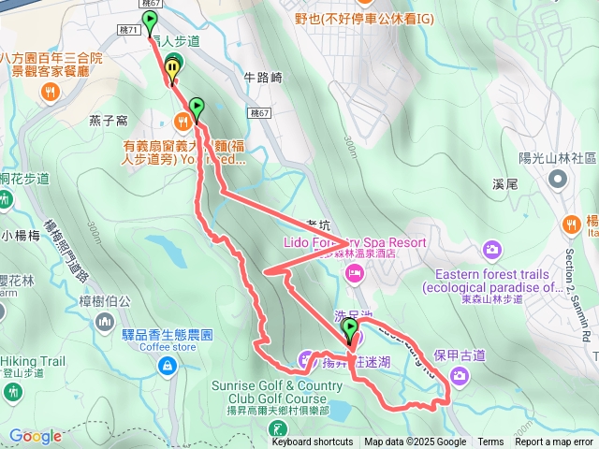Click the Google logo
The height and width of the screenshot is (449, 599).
pos(36,436)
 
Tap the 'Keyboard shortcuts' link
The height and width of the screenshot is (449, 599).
pos(313,442)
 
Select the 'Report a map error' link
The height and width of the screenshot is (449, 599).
pos(554,442)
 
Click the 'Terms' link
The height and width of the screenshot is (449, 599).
pos(490,442)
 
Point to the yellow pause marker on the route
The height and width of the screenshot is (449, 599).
pos(173,65)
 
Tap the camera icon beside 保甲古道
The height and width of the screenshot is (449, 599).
pos(460,376)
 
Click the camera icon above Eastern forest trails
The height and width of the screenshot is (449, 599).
pos(492,250)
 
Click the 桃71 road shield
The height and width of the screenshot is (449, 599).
pos(130,30)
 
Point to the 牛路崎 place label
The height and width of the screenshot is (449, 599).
pos(262,78)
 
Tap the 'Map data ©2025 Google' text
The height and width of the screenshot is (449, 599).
pos(415,442)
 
